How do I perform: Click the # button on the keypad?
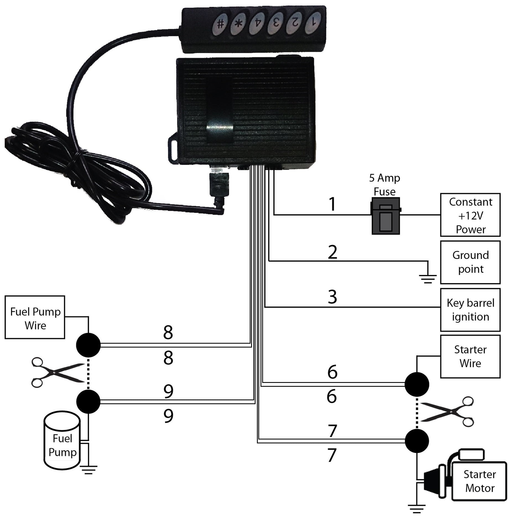(220, 24)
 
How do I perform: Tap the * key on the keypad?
(238, 24)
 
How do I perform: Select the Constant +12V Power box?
(470, 215)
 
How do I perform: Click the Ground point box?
(470, 262)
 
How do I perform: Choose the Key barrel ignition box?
(470, 310)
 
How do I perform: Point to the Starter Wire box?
(470, 356)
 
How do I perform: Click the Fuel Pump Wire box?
(35, 317)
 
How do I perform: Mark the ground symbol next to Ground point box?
(428, 278)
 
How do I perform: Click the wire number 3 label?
(332, 297)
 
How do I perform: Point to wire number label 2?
(332, 252)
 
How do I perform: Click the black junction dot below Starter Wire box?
(417, 384)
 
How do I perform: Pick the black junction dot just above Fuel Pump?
(88, 402)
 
